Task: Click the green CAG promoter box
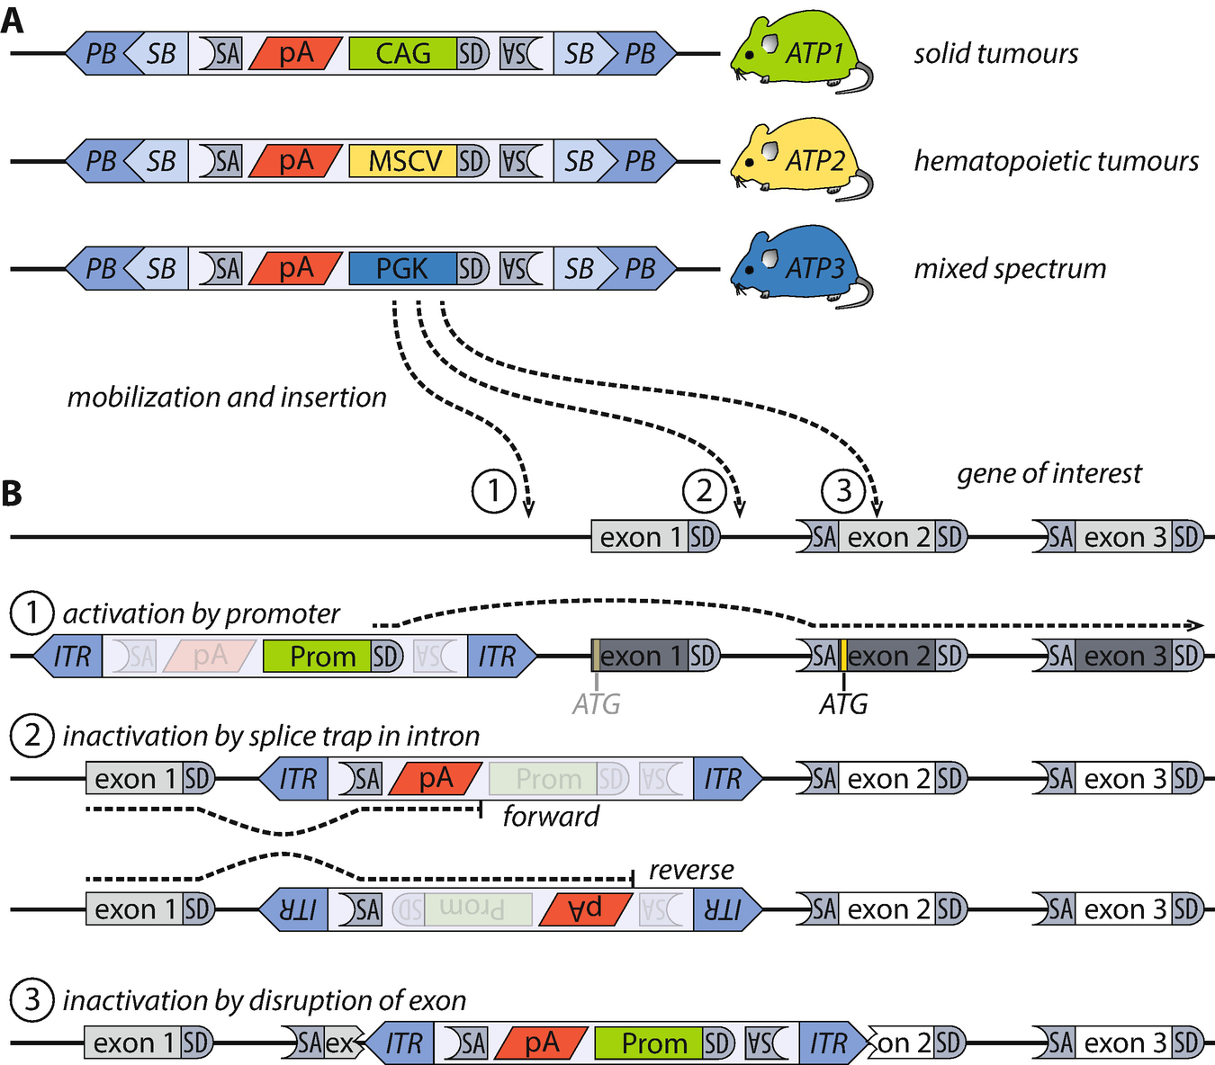(402, 54)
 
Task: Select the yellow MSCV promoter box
(402, 161)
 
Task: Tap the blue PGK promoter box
(402, 268)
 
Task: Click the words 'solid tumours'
(995, 54)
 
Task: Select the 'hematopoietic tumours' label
(1056, 161)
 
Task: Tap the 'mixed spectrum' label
(1010, 268)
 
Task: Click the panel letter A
(13, 20)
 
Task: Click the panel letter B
(12, 493)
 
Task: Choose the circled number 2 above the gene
(705, 491)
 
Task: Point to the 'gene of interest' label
(1048, 473)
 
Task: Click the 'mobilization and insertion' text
(227, 397)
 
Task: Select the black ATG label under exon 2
(843, 704)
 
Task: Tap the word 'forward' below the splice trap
(550, 817)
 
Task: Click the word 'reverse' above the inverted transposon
(690, 870)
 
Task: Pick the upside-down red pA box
(585, 909)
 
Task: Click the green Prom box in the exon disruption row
(648, 1043)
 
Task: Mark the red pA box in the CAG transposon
(295, 54)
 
